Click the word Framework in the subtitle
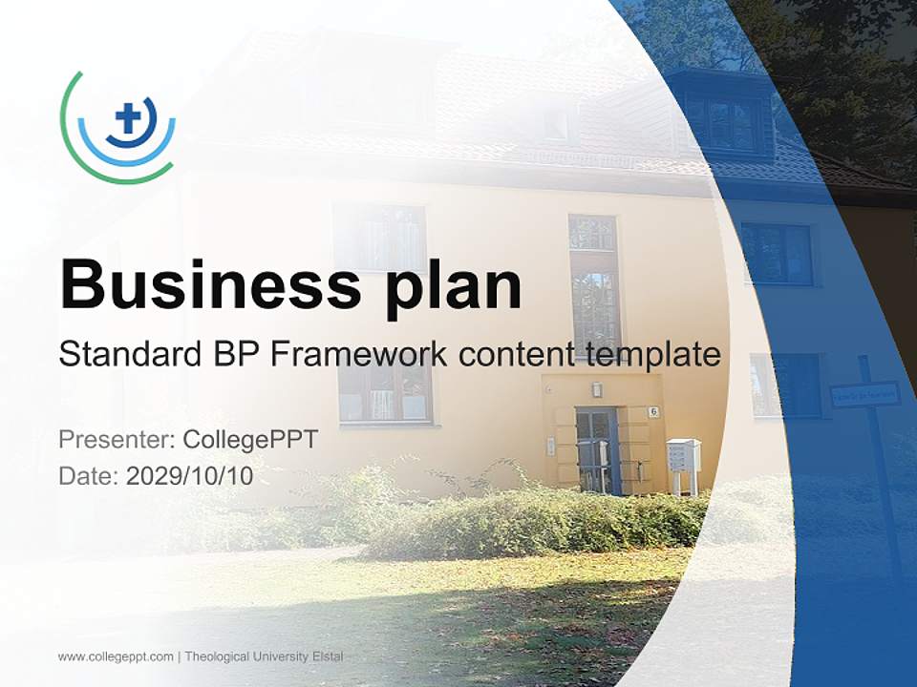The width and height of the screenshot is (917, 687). pyautogui.click(x=358, y=354)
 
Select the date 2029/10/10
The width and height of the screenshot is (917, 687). pyautogui.click(x=190, y=476)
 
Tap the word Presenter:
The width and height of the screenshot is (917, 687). pyautogui.click(x=116, y=440)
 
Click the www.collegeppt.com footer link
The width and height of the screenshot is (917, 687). pyautogui.click(x=116, y=656)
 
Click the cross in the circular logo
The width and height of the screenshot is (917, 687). pyautogui.click(x=127, y=120)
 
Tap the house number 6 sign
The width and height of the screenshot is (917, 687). pyautogui.click(x=653, y=412)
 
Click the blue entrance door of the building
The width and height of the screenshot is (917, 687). pyautogui.click(x=597, y=448)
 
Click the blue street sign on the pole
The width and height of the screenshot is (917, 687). pyautogui.click(x=864, y=393)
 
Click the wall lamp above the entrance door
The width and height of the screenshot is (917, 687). pyautogui.click(x=596, y=389)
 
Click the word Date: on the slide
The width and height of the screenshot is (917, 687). pyautogui.click(x=89, y=476)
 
